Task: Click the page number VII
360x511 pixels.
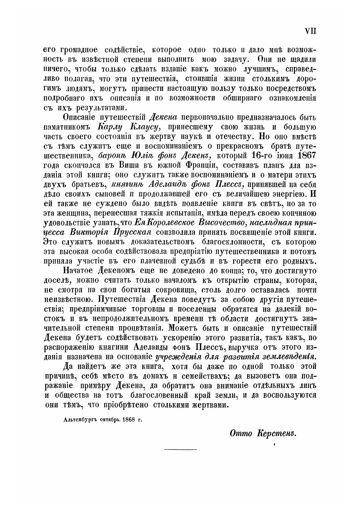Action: click(310, 31)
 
